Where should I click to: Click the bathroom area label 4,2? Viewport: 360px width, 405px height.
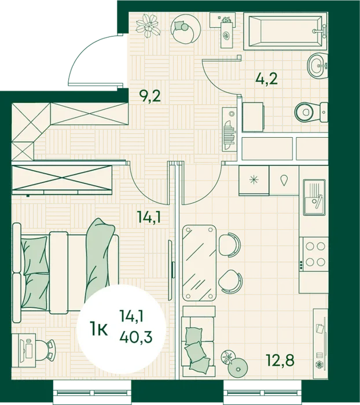[266, 78]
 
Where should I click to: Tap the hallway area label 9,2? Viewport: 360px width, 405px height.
[150, 96]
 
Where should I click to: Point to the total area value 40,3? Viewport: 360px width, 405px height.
[136, 337]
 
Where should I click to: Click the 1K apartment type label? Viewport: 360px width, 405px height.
[98, 330]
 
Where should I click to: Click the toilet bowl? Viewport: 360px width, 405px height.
[311, 112]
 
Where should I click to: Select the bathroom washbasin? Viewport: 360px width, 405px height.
[317, 65]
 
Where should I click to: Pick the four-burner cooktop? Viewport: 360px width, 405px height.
[314, 254]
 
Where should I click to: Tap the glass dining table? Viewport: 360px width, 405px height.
[199, 263]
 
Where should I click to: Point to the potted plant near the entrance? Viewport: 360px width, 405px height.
[148, 25]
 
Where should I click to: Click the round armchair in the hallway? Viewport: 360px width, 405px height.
[186, 28]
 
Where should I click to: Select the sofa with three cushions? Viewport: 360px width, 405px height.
[199, 340]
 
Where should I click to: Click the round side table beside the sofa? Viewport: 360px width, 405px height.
[238, 367]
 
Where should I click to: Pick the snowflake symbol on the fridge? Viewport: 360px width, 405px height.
[254, 180]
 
